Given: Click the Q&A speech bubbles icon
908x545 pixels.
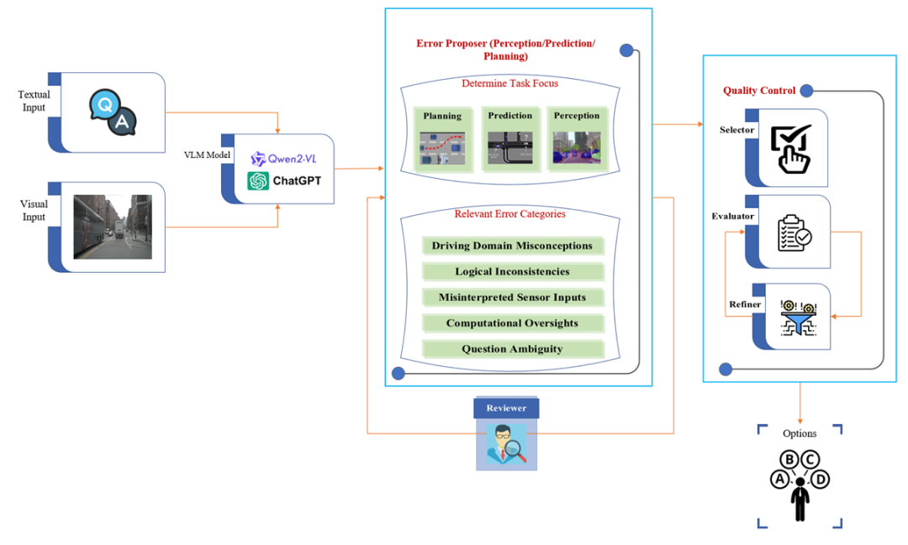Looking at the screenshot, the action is (113, 113).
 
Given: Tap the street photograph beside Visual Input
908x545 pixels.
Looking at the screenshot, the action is (113, 227).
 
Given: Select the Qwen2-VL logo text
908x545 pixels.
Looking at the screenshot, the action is (284, 159).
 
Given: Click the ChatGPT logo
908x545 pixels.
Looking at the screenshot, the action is (284, 181).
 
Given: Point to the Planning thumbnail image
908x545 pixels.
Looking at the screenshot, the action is (442, 149).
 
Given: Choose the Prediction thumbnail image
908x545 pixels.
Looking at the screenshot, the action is (509, 148).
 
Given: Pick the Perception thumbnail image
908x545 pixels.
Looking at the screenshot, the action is (577, 147).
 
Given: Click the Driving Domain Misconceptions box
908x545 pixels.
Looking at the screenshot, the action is (513, 246).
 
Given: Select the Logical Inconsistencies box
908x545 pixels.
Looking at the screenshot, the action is (513, 271).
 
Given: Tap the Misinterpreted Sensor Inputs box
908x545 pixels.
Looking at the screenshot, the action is (513, 297).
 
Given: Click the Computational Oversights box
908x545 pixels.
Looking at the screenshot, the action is (513, 323).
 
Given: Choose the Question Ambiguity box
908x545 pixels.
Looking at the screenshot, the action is (513, 348).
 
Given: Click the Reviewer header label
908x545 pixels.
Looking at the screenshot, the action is (506, 408).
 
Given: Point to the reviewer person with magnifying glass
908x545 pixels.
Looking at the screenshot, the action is (507, 444).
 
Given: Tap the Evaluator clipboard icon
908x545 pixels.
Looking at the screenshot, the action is (794, 233).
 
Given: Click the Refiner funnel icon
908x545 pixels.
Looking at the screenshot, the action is (799, 317).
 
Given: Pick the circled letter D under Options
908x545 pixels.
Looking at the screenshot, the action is (820, 479).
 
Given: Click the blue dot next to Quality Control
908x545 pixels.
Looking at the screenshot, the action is (806, 91).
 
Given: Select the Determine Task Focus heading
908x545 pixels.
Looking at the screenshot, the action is (509, 83).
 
